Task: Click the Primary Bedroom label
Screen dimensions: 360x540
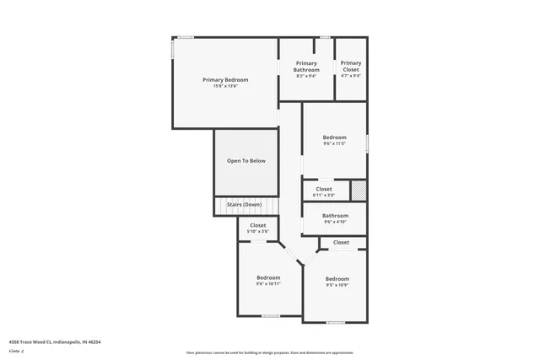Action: [x=225, y=79]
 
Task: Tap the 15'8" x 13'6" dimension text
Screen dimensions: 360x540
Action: [x=225, y=86]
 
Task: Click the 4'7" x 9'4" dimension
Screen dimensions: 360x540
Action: [x=351, y=76]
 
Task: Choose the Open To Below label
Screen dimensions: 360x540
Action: [x=246, y=160]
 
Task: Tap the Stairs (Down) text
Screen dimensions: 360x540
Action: [x=244, y=204]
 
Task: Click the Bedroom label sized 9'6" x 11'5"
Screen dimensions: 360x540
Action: [x=335, y=137]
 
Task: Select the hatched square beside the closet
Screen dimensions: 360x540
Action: [x=359, y=190]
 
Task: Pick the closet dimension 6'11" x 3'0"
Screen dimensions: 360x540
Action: [x=324, y=195]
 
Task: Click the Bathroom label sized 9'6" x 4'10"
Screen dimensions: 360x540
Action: [x=335, y=215]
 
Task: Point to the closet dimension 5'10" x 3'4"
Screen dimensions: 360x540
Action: [x=258, y=232]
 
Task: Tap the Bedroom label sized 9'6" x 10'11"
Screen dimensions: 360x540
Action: [x=268, y=277]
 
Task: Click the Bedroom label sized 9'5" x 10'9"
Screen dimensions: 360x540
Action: [x=337, y=278]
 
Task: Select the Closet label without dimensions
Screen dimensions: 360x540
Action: [x=341, y=242]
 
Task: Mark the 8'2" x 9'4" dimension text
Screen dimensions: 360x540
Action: [x=306, y=76]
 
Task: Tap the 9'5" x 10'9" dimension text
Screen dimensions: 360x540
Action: [x=337, y=285]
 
